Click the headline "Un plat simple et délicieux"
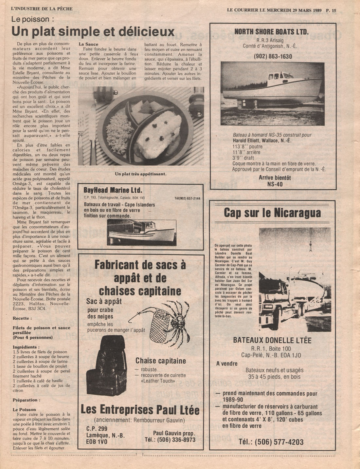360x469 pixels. (93, 32)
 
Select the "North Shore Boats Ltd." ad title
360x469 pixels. (271, 32)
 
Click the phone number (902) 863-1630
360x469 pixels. (273, 56)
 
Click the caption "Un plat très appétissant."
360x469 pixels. (141, 174)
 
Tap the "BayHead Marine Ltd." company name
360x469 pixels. (113, 190)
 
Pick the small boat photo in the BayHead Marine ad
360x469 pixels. (141, 232)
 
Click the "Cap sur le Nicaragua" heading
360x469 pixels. (272, 213)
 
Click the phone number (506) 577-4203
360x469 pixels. (271, 442)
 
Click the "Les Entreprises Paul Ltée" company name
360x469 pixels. (140, 410)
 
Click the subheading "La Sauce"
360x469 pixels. (88, 44)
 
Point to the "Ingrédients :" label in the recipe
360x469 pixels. (26, 347)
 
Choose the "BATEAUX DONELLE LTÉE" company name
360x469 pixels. (272, 340)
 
